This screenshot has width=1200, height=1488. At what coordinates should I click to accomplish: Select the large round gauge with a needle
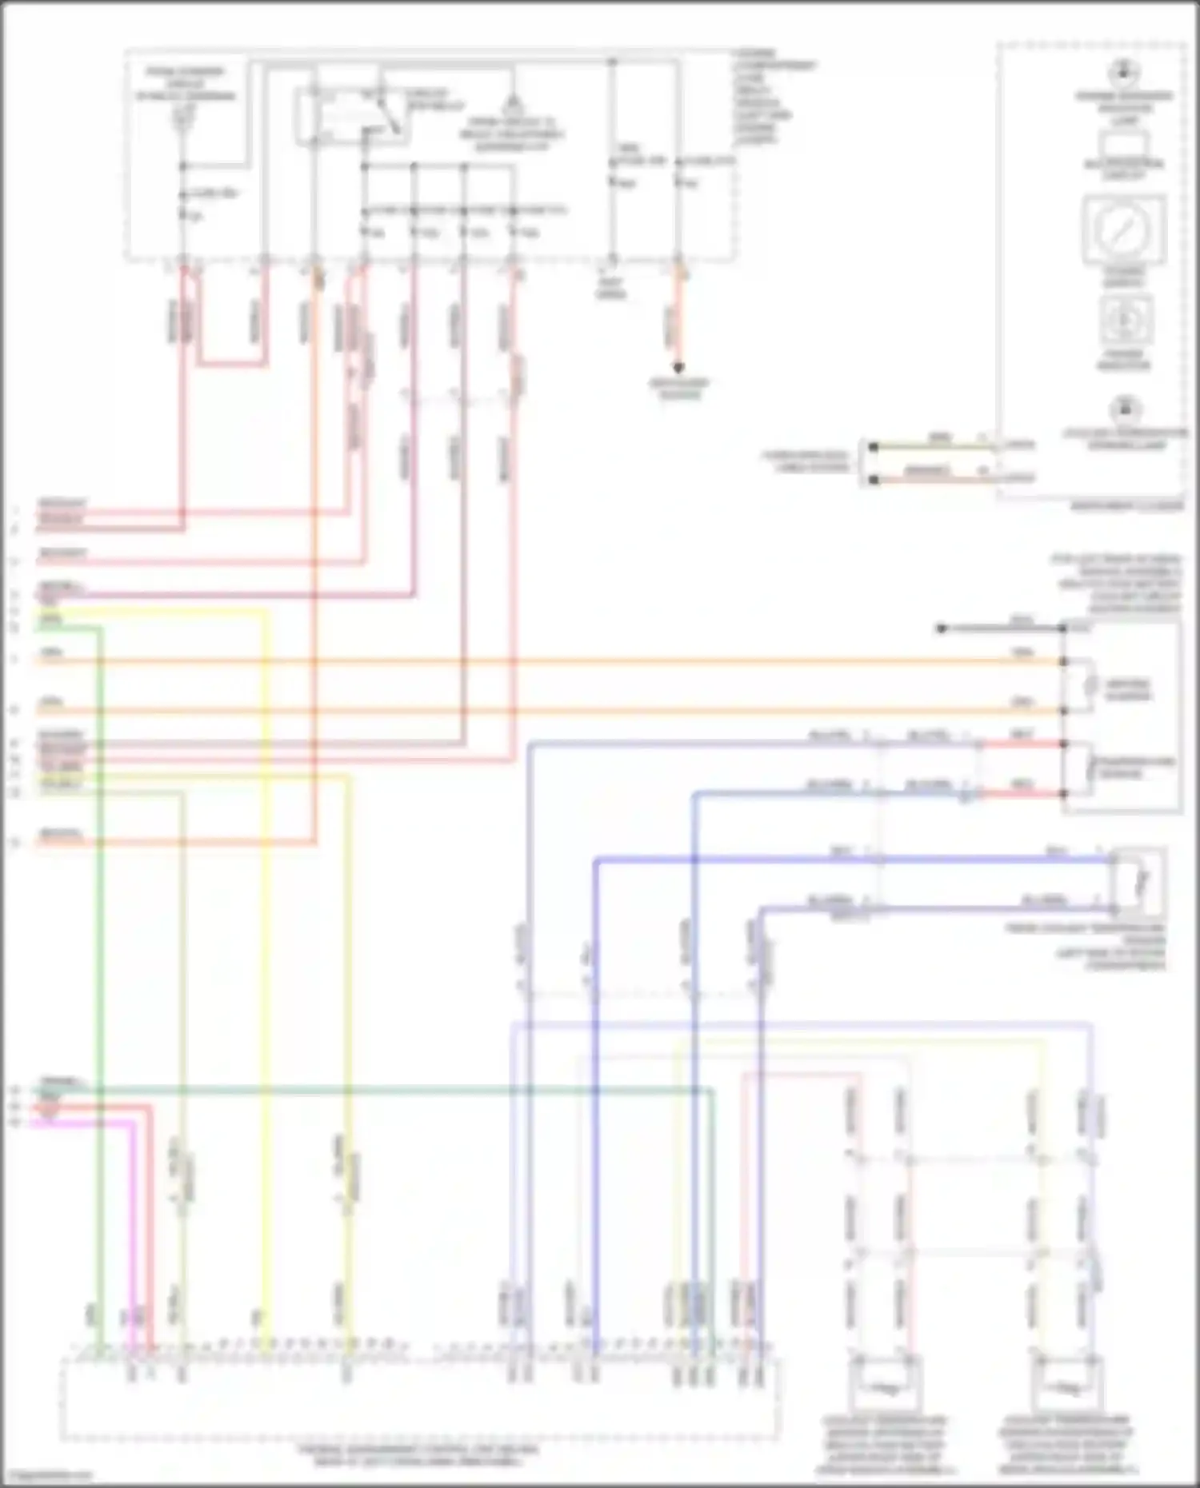point(1124,231)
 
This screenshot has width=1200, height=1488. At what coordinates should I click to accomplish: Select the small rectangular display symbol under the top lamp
point(1123,147)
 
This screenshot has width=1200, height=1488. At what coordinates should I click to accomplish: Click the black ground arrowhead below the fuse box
point(678,368)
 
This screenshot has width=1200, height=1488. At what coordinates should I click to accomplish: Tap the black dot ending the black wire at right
point(942,629)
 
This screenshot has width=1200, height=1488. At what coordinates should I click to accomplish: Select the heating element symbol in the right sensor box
point(1090,686)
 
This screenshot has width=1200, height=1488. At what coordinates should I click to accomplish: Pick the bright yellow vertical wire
point(266,959)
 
